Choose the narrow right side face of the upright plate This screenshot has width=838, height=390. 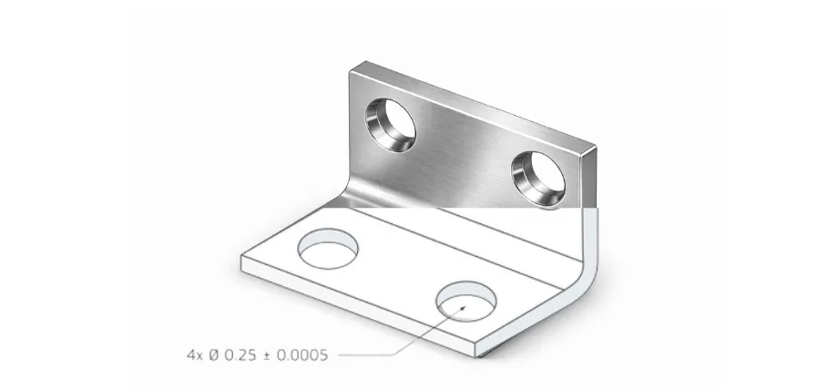(588, 178)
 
